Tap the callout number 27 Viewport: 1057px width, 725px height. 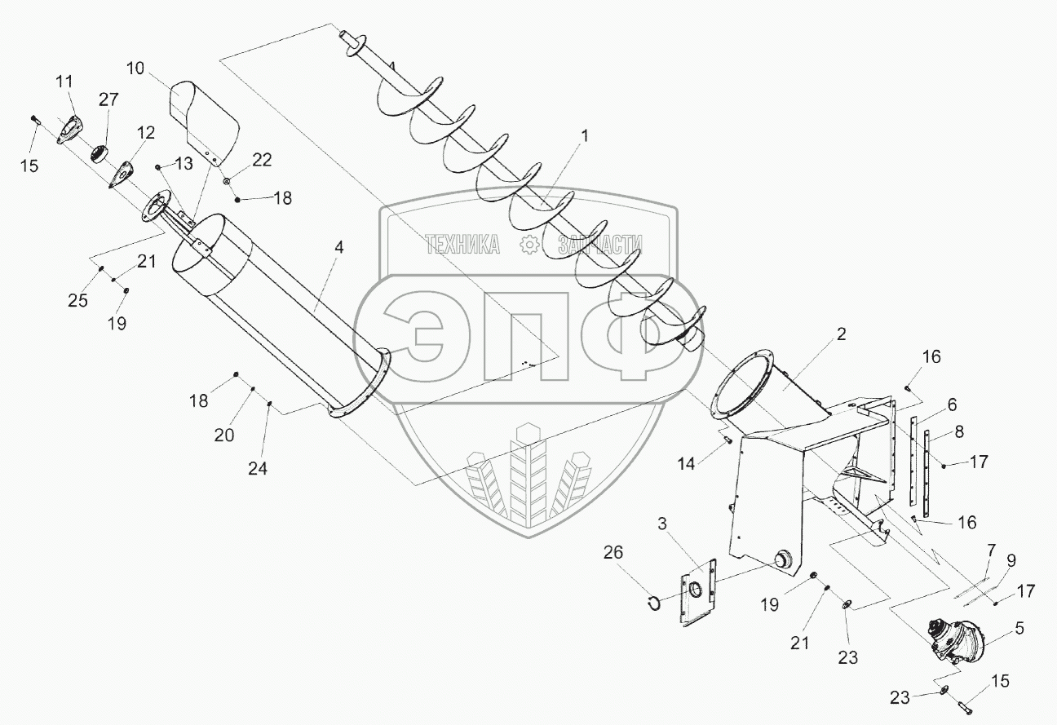pos(108,100)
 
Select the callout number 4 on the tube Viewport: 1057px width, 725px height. pos(338,247)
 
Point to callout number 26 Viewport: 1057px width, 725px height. pos(613,553)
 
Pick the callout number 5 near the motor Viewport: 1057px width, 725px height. pos(1020,629)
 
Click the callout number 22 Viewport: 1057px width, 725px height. pos(261,161)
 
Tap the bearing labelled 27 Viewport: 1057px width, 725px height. pos(103,153)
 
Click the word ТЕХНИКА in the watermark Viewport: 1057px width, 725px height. pos(462,244)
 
